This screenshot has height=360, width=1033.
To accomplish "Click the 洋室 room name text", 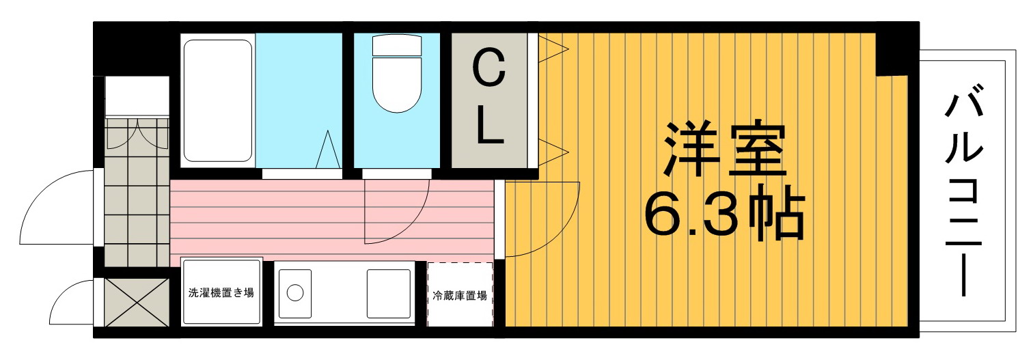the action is pos(724,150).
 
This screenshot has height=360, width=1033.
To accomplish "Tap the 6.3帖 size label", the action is pos(724,213).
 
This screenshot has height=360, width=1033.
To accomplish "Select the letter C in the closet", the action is pos(489,69).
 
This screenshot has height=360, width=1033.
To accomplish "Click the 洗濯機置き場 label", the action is pos(221,292).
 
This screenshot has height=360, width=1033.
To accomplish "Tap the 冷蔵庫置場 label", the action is pos(460,296).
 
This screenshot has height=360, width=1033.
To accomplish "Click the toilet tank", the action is pos(397,45).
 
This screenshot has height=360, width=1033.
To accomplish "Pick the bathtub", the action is pos(218,100).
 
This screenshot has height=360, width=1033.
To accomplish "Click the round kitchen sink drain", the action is pos(295,292).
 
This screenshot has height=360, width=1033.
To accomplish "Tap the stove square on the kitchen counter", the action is pos(388,294).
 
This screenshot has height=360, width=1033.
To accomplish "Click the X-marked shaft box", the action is pos(137,302).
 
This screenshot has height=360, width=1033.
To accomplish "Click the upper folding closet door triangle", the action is pos(553,48).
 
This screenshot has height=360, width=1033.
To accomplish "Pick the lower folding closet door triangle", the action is pos(553,152).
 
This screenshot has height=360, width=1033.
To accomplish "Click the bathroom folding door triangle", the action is pos(329,150).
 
